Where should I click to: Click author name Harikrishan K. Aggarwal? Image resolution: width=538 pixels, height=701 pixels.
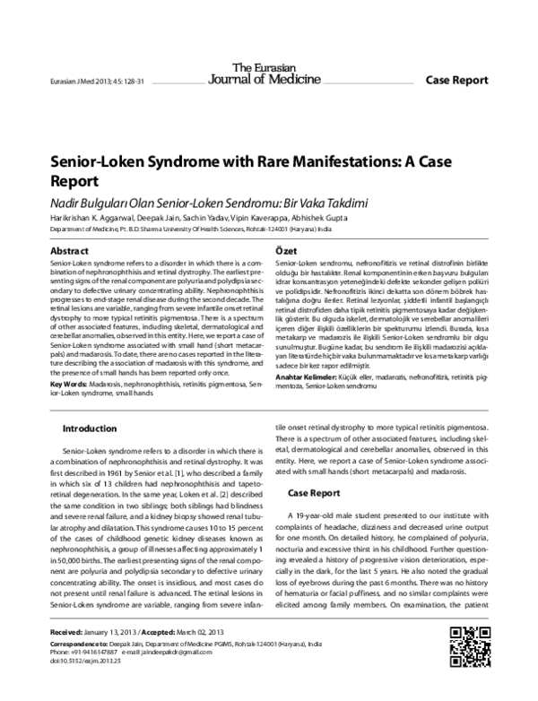click(x=86, y=217)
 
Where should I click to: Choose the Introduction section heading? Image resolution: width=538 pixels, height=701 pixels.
click(x=94, y=428)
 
